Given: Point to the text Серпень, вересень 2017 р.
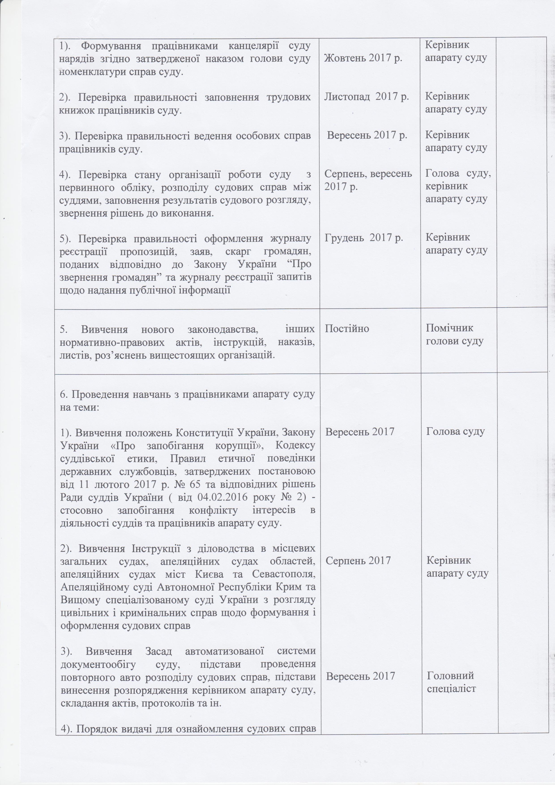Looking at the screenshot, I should click(x=368, y=180).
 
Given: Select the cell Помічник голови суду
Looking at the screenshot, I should click(x=454, y=334).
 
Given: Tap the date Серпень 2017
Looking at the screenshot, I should click(x=358, y=560).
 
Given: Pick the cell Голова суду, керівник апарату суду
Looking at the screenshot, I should click(x=458, y=186).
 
